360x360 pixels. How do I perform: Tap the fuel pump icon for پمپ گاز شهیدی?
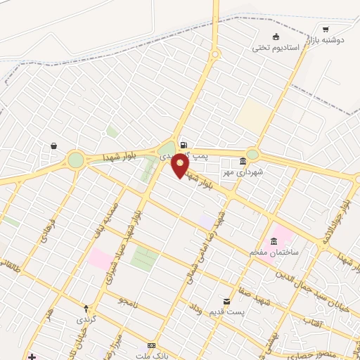tap(184, 146)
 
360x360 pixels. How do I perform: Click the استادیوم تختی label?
tap(276, 48)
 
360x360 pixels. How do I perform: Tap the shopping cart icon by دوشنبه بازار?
tap(326, 29)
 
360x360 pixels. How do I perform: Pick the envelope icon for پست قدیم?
tap(226, 300)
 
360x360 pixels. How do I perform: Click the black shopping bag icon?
tap(53, 146)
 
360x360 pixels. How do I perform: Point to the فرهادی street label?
tap(46, 229)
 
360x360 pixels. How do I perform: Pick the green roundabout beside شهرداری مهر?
tap(252, 154)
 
